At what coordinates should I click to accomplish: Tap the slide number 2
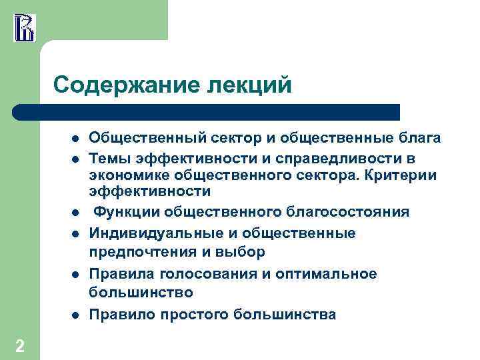20,345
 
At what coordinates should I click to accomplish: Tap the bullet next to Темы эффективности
76,159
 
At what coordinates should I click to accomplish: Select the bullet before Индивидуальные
76,234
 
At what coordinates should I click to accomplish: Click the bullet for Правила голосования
76,275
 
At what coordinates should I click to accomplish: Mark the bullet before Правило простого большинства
76,315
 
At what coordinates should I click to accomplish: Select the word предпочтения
142,252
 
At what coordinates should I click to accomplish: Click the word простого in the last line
195,314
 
